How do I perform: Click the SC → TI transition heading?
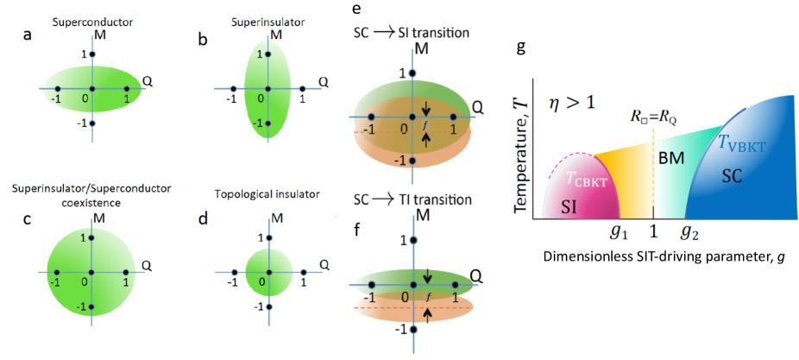(412, 199)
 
